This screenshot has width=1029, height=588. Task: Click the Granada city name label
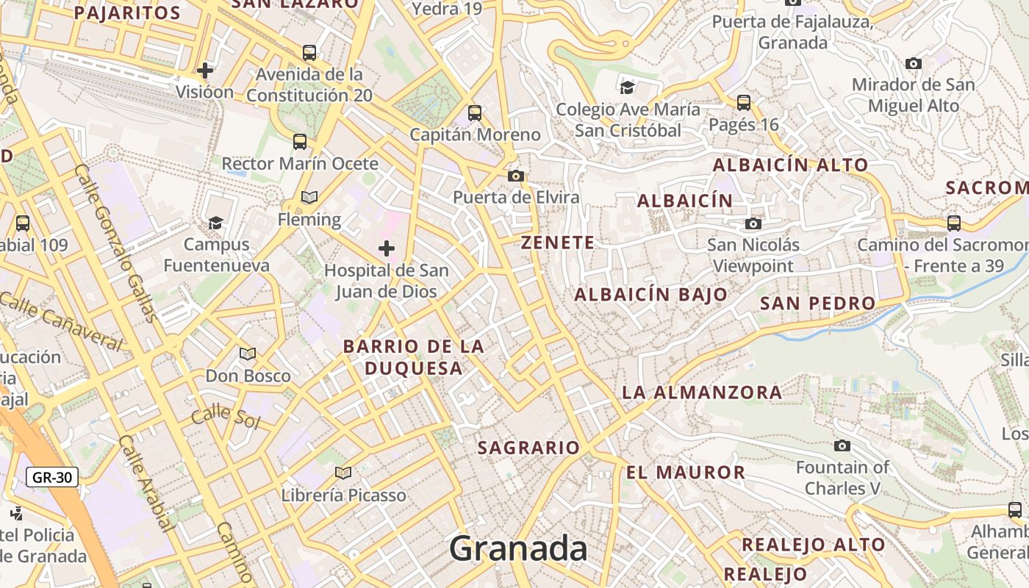518,549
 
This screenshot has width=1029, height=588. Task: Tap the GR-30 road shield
52,477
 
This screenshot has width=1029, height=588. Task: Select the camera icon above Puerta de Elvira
516,176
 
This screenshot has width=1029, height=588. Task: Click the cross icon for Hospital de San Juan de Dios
386,248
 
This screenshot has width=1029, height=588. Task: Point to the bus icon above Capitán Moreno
475,113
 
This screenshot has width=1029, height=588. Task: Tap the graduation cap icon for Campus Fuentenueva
215,223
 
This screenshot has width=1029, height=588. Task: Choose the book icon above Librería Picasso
343,473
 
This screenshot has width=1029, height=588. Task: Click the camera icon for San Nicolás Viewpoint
753,223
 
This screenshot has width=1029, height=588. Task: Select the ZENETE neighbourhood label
558,243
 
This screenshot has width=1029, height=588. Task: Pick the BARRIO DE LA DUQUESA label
414,357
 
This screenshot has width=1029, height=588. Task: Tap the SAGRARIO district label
528,448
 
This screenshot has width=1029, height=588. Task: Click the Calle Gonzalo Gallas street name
115,243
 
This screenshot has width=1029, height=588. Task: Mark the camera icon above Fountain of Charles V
842,445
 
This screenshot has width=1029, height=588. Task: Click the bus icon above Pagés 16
744,102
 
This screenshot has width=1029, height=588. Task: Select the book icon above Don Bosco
248,354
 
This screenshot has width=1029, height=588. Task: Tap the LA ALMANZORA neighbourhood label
702,392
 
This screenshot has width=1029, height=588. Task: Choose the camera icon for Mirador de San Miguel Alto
914,63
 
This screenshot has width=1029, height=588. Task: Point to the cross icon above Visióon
205,71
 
